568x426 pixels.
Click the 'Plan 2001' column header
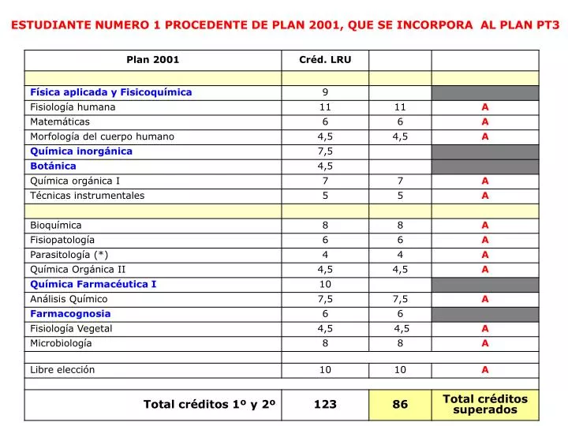coord(153,60)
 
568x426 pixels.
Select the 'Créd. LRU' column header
coord(325,60)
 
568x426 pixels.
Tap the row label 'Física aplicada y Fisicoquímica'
coord(110,92)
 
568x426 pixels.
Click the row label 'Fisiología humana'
coord(73,107)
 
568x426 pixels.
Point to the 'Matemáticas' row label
coord(60,121)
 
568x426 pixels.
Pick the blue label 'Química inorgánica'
coord(81,151)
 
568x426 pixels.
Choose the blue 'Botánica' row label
coord(53,166)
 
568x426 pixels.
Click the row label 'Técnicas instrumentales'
coord(88,196)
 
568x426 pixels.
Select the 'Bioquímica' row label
coord(56,225)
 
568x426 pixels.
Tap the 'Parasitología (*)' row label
coord(69,255)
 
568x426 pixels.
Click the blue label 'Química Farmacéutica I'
coord(93,284)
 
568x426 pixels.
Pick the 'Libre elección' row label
coord(62,369)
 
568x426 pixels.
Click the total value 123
coord(325,404)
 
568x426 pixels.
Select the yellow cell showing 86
coord(400,404)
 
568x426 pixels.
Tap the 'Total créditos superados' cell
coord(485,404)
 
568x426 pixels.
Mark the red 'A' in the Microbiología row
coord(485,343)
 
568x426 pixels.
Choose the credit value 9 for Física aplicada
coord(325,92)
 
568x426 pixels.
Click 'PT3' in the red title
coord(544,24)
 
